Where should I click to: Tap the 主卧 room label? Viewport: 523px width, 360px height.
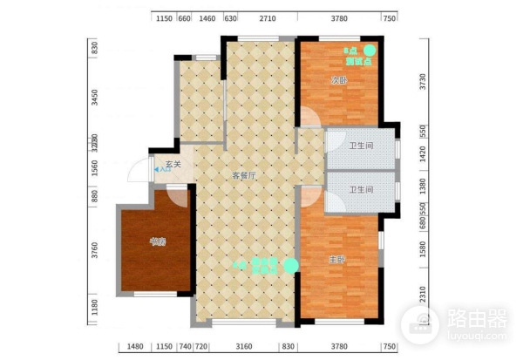pos(336,259)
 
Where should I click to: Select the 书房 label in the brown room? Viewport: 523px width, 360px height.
pos(157,241)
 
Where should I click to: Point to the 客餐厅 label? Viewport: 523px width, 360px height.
pos(243,174)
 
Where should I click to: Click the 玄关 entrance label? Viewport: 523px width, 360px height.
pos(173,164)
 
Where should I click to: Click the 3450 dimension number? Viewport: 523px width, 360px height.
pos(96,97)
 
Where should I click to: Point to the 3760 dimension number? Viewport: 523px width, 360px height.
pos(96,253)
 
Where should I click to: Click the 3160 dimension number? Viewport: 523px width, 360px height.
pos(245,347)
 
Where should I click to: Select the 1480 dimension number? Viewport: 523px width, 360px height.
pos(135,347)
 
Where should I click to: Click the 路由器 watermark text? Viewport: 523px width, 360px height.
pos(474,318)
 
